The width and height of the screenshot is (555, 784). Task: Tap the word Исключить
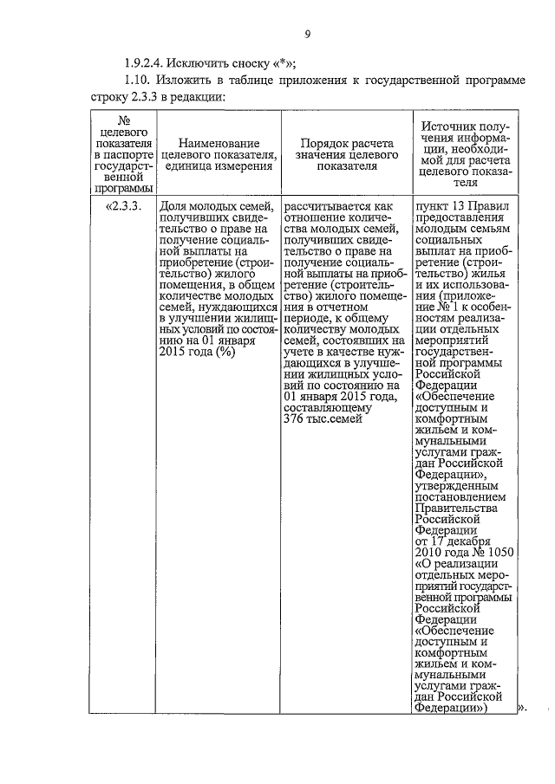(197, 62)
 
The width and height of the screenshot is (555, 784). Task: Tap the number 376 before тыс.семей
(293, 419)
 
